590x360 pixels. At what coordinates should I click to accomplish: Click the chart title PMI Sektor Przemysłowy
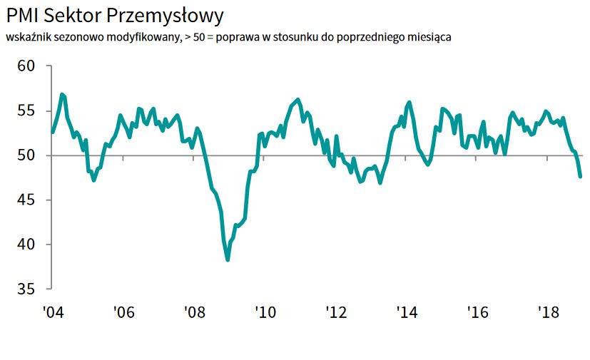[115, 16]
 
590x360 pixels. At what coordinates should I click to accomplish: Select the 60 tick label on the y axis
[26, 66]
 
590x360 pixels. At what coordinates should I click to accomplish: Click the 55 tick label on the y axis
[26, 110]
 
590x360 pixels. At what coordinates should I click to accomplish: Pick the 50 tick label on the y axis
[26, 155]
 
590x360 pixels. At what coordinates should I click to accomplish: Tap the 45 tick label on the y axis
[26, 200]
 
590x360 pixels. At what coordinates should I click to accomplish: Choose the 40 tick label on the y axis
[26, 245]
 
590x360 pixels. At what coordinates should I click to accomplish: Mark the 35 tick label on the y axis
[26, 289]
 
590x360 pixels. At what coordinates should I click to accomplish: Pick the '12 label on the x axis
[335, 312]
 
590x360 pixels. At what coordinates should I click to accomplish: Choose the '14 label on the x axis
[406, 312]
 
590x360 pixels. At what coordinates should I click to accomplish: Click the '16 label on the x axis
[477, 312]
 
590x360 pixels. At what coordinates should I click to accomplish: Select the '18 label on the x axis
[547, 312]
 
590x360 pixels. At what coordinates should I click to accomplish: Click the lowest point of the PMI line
[228, 259]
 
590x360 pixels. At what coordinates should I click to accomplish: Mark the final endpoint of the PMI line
[580, 176]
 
